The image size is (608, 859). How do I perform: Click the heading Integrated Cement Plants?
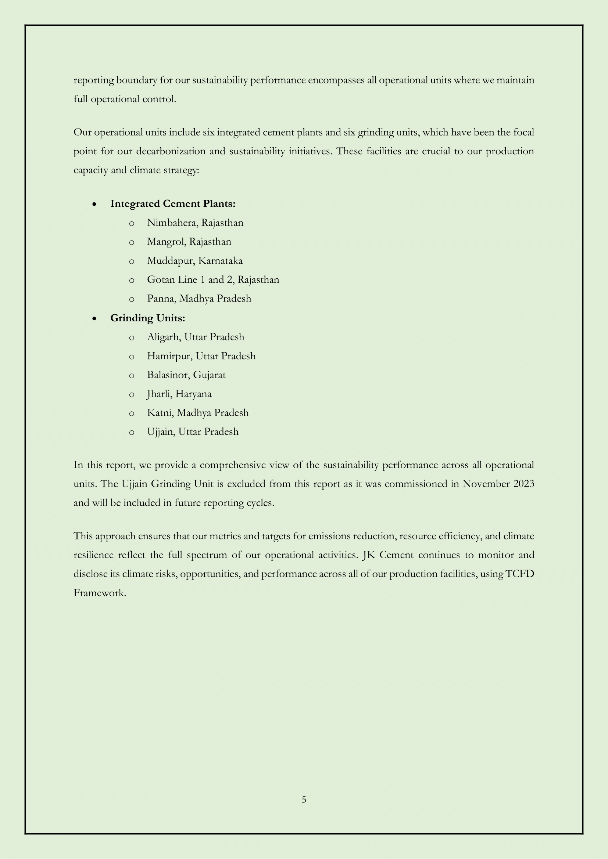click(x=173, y=204)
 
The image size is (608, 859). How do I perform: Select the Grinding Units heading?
click(x=147, y=318)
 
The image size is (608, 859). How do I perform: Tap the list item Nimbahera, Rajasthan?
click(x=195, y=223)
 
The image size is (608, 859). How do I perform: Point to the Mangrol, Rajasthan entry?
click(x=189, y=242)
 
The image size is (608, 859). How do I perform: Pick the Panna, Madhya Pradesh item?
click(x=199, y=299)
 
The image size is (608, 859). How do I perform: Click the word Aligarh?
click(x=163, y=337)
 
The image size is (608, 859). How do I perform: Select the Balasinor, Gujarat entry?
click(x=186, y=375)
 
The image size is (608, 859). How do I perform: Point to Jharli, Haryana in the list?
click(x=179, y=394)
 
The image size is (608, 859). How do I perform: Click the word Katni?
click(x=160, y=413)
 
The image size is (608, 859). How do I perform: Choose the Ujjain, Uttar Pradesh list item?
click(x=192, y=432)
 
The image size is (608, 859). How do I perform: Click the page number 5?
click(x=304, y=800)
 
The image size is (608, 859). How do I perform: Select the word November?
click(x=485, y=484)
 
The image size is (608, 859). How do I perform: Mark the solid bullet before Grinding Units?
click(x=95, y=319)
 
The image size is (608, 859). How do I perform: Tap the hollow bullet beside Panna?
click(x=131, y=299)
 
